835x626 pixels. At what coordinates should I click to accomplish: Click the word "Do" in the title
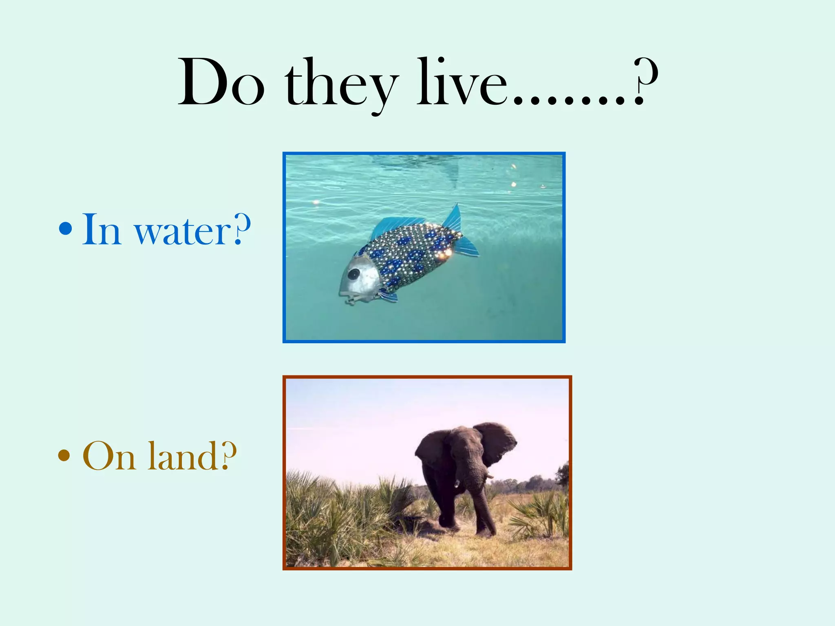(x=221, y=84)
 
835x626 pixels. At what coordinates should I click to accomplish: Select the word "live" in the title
(x=461, y=84)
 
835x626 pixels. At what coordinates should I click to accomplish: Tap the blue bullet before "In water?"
(x=65, y=229)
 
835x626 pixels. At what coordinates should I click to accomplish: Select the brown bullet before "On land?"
(x=64, y=455)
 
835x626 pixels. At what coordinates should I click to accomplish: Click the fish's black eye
(x=353, y=273)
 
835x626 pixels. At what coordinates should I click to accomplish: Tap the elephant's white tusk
(x=489, y=474)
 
